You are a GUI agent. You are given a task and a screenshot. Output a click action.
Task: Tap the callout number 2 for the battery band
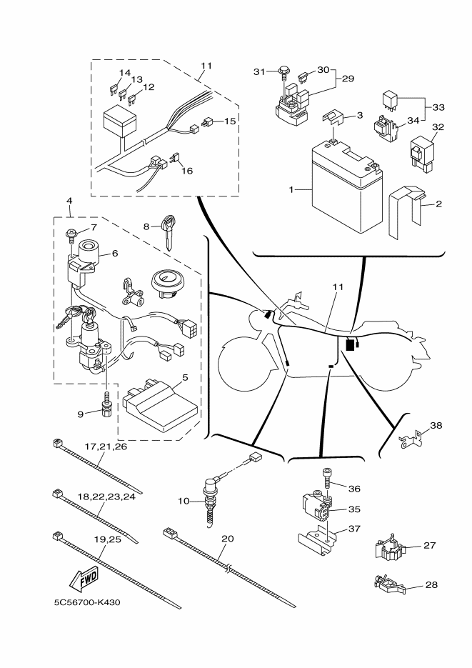438,204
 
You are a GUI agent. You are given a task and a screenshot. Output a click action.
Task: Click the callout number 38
436,425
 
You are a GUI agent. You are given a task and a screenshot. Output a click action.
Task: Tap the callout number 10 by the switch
184,502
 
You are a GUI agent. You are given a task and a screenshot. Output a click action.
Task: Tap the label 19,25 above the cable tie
106,540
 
